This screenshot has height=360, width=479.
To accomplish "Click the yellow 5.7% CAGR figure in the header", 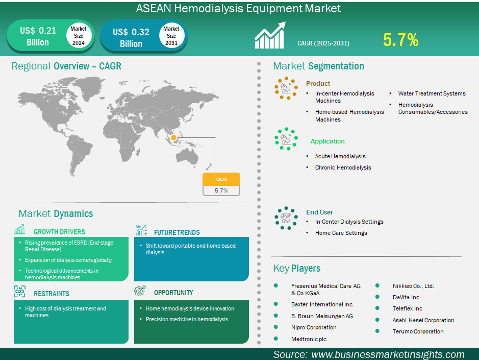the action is (x=400, y=40).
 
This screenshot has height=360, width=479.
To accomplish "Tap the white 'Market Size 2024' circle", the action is (x=79, y=36).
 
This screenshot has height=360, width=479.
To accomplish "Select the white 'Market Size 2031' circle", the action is (x=171, y=36).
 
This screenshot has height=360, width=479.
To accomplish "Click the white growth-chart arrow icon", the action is (x=270, y=35).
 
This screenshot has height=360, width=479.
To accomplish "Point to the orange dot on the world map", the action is (x=173, y=138).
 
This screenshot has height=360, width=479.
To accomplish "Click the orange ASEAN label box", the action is (x=221, y=179).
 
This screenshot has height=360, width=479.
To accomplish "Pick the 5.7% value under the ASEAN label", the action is (x=221, y=190).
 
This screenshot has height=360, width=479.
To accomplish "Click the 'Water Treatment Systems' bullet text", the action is (x=432, y=93).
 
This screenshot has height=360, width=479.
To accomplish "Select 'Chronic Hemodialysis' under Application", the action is (x=343, y=167).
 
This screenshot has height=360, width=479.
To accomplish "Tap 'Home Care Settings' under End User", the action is (x=341, y=233).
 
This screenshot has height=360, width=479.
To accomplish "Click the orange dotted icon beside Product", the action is (x=286, y=88).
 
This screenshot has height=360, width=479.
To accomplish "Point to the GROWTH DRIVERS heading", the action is (x=59, y=232).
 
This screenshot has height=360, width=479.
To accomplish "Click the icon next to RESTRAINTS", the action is (x=19, y=292).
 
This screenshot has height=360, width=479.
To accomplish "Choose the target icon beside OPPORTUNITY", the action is (x=140, y=291).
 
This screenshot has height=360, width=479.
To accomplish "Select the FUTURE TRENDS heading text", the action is (x=177, y=232).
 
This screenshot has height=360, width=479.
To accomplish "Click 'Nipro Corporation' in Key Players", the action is (x=314, y=328).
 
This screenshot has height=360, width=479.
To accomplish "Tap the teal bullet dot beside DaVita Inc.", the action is (x=377, y=297).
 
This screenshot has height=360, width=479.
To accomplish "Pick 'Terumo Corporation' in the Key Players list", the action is (x=418, y=331).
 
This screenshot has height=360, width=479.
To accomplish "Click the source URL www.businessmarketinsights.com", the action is (x=388, y=354).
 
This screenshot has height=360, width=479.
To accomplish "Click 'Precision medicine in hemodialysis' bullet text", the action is (x=187, y=319).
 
